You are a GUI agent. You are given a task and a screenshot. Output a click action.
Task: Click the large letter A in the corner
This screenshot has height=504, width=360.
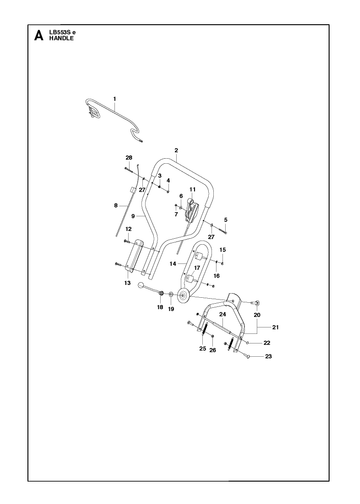coord(39,35)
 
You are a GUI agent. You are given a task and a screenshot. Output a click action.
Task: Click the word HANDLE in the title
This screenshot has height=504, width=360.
coord(61,38)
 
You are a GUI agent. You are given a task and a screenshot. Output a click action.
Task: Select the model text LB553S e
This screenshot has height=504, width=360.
coord(62,33)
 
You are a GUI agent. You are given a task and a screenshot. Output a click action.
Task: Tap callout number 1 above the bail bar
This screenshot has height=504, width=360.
coord(115,99)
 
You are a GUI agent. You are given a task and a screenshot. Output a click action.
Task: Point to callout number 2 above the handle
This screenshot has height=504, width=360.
coord(176,150)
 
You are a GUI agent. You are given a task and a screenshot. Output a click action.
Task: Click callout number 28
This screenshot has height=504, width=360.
coord(129,158)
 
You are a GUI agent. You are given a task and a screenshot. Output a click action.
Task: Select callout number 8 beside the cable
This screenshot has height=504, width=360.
coord(116,206)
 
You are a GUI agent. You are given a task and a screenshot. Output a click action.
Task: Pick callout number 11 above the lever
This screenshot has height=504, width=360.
coord(192,190)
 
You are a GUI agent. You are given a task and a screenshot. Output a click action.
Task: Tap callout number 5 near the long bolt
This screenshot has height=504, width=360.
coord(226,220)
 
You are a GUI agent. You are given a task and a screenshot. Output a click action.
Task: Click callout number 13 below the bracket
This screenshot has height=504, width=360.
coord(127,283)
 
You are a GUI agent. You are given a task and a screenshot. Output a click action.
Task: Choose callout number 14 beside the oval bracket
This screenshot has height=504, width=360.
coord(173,264)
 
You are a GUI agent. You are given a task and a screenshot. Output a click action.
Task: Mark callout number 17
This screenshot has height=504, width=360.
coord(197,268)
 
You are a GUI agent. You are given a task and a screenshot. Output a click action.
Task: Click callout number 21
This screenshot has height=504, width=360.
coord(275,327)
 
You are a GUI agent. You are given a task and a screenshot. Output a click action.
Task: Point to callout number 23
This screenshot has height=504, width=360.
coord(268,356)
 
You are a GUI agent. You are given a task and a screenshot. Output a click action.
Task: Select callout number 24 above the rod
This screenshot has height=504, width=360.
coord(223,314)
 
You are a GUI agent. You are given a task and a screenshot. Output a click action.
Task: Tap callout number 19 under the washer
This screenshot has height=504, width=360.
coord(171,309)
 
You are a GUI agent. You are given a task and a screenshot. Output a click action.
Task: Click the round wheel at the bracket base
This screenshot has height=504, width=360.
coord(183,296)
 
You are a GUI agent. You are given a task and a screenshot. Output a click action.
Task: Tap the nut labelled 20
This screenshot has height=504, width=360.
coord(257,303)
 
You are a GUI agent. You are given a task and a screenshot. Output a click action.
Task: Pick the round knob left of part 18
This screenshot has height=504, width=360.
coord(141,285)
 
